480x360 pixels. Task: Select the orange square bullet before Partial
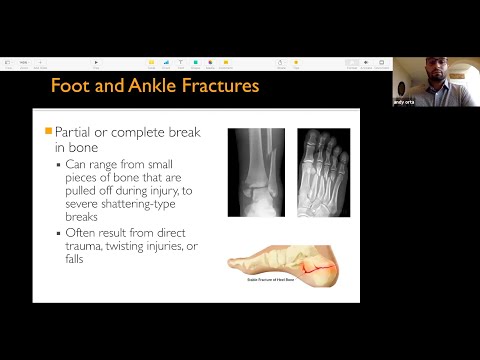click(x=48, y=131)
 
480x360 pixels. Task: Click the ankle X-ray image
click(x=256, y=172)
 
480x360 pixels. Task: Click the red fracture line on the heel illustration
click(x=322, y=267)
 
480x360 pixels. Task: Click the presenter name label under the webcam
click(x=404, y=102)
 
